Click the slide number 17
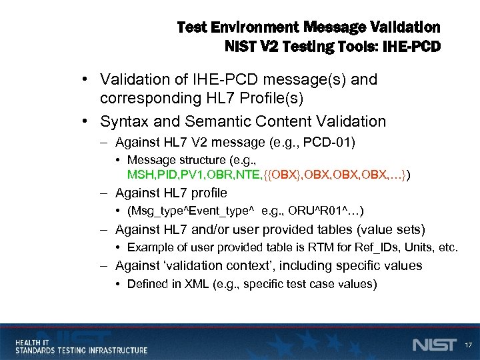point(468,345)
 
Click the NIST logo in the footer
point(435,345)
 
